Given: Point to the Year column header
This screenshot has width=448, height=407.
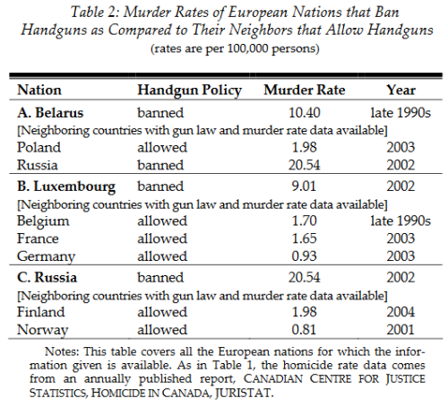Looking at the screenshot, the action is [401, 91].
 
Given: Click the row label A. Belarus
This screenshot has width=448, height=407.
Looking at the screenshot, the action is [52, 114].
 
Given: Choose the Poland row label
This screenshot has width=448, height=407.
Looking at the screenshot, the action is [39, 146].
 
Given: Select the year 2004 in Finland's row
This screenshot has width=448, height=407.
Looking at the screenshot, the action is [401, 313].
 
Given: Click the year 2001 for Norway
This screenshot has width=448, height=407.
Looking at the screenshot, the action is [401, 330].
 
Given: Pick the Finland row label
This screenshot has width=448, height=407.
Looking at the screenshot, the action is [40, 313].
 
